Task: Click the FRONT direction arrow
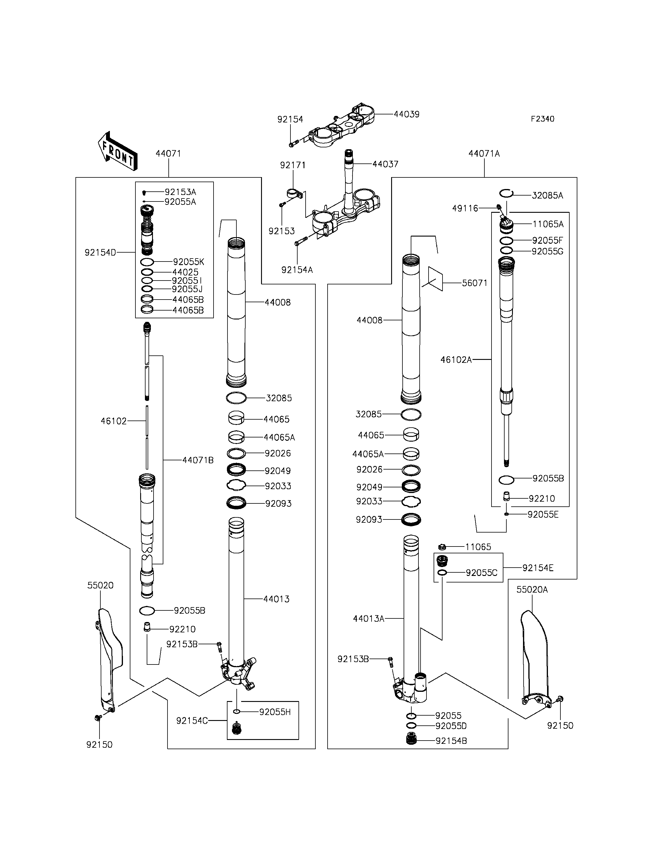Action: pyautogui.click(x=117, y=151)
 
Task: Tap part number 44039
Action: pyautogui.click(x=407, y=114)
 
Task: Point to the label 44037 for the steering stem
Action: pyautogui.click(x=385, y=164)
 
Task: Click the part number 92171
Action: pyautogui.click(x=293, y=165)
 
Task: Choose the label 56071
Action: pyautogui.click(x=474, y=283)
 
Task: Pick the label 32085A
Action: pyautogui.click(x=547, y=196)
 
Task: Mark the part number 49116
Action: pyautogui.click(x=465, y=209)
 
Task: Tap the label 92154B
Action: pyautogui.click(x=451, y=741)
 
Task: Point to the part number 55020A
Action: pyautogui.click(x=532, y=590)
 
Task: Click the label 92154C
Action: pyautogui.click(x=192, y=721)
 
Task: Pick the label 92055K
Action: pyautogui.click(x=188, y=262)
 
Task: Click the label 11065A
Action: pyautogui.click(x=548, y=224)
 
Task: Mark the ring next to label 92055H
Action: pyautogui.click(x=237, y=712)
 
